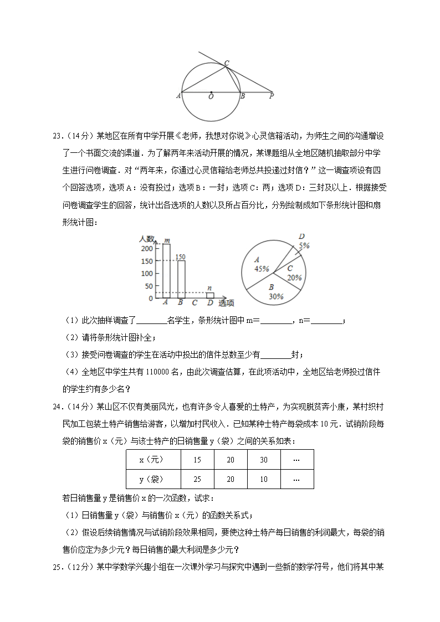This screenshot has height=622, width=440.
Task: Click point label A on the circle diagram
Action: pos(178,96)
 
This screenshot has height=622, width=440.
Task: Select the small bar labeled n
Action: pos(210,295)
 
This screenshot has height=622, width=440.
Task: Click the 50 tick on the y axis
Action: pos(148,286)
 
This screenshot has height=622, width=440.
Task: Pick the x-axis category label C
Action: pos(195,303)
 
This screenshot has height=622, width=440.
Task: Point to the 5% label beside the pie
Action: pos(304,245)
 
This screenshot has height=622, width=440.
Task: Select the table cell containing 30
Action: pos(263,460)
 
